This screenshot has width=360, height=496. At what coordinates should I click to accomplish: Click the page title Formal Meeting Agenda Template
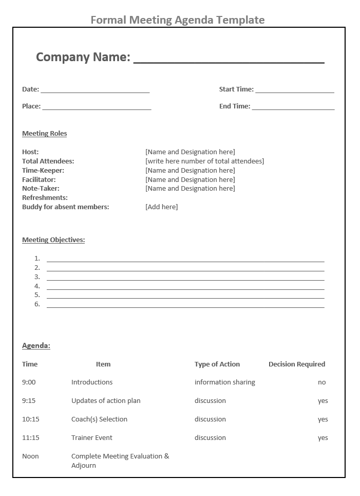click(178, 20)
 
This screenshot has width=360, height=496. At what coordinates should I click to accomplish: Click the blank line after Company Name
click(229, 62)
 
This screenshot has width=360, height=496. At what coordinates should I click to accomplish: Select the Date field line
click(95, 91)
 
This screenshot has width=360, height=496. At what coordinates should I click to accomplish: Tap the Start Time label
click(236, 89)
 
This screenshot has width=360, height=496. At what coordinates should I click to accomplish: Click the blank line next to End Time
click(293, 108)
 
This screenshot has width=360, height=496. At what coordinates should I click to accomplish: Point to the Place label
click(31, 106)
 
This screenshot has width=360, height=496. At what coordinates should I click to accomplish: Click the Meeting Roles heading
click(45, 134)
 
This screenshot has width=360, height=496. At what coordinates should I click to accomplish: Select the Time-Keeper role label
click(43, 171)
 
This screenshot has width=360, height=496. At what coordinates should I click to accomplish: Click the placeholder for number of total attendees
click(204, 161)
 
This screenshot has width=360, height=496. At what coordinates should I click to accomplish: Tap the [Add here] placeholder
click(161, 207)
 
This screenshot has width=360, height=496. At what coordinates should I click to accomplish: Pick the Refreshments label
click(45, 198)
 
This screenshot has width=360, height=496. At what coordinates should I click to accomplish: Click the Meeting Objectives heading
click(53, 240)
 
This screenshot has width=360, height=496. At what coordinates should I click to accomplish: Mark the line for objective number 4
click(185, 288)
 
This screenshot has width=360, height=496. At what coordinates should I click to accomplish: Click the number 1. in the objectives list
click(37, 259)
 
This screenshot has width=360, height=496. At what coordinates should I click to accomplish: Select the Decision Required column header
click(297, 364)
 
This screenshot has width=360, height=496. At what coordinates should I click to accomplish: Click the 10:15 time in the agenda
click(31, 419)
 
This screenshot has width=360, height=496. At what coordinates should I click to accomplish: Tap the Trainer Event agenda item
click(92, 438)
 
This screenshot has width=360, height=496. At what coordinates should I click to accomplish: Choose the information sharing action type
click(224, 382)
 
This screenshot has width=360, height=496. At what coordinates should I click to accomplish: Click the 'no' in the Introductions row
click(322, 382)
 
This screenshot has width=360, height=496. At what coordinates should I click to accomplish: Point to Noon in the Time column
click(30, 456)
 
